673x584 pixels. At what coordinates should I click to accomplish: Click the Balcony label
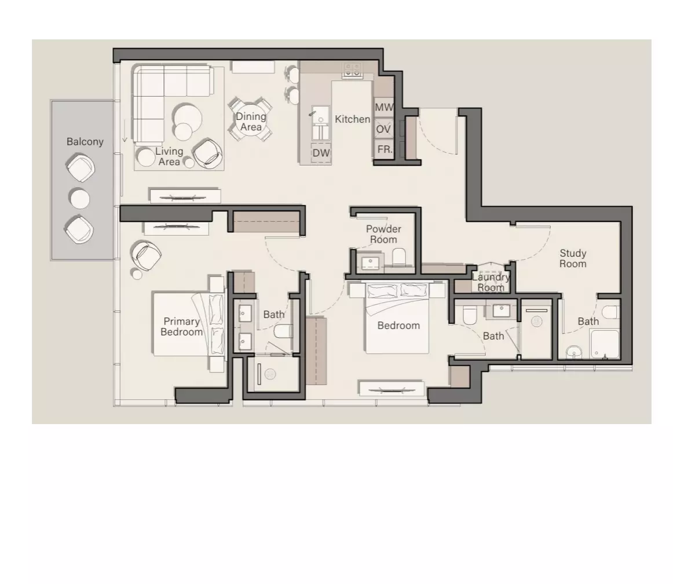[x=85, y=142]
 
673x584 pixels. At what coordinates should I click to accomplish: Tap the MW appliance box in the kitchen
[x=384, y=107]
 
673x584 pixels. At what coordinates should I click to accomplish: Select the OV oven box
[x=384, y=129]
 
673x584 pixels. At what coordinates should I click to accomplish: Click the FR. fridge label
[x=385, y=149]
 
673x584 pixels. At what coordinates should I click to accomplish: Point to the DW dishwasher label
[x=321, y=153]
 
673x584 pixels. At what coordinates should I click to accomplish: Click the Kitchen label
[x=352, y=119]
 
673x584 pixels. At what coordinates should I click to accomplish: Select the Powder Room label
[x=384, y=234]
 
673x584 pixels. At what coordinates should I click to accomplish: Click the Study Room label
[x=573, y=258]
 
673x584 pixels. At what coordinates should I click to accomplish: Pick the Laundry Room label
[x=491, y=282]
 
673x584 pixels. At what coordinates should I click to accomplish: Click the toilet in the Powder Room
[x=399, y=257]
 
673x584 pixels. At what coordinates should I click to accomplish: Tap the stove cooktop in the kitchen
[x=352, y=70]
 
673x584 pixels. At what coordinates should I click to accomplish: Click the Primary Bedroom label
[x=181, y=327]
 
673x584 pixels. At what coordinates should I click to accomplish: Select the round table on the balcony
[x=80, y=199]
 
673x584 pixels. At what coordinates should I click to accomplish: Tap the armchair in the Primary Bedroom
[x=147, y=255]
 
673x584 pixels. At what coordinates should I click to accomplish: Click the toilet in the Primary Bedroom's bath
[x=283, y=331]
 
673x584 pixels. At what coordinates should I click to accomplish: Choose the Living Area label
[x=169, y=156]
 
